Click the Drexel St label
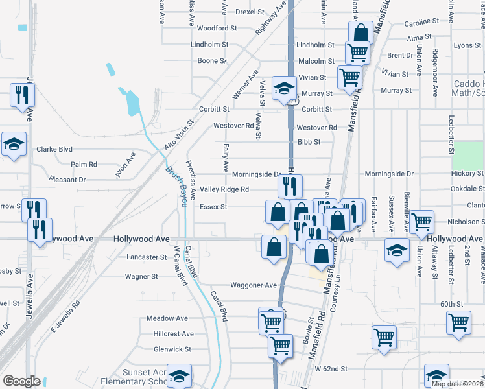pyautogui.click(x=250, y=12)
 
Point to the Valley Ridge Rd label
pyautogui.click(x=224, y=189)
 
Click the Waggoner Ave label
pyautogui.click(x=254, y=285)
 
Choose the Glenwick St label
pyautogui.click(x=172, y=349)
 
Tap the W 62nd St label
pyautogui.click(x=331, y=369)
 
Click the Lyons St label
pyautogui.click(x=467, y=45)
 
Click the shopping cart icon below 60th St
pyautogui.click(x=458, y=321)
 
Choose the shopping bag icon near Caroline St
pyautogui.click(x=360, y=32)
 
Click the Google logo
pyautogui.click(x=21, y=381)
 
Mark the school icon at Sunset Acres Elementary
pyautogui.click(x=179, y=376)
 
